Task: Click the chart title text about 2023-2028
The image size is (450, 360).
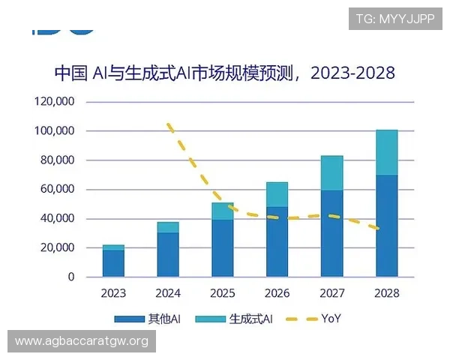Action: click(x=224, y=73)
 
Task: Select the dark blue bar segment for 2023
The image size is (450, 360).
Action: click(x=113, y=263)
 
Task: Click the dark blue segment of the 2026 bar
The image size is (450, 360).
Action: click(x=277, y=241)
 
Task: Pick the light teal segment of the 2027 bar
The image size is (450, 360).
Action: click(x=331, y=173)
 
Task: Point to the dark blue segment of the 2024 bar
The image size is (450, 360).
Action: click(x=168, y=254)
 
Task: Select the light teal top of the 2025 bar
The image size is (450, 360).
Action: click(x=223, y=211)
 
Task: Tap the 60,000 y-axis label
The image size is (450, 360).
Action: click(x=57, y=189)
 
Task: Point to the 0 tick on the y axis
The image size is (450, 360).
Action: click(x=71, y=277)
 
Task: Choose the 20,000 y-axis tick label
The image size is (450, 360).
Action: click(x=57, y=247)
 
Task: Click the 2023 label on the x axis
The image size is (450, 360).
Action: click(x=113, y=293)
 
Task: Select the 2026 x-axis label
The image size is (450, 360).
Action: click(x=277, y=293)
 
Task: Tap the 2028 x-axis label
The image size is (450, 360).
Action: click(x=386, y=293)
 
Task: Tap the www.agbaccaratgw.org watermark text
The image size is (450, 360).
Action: click(x=81, y=341)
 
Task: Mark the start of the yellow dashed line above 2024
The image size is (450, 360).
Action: click(x=169, y=124)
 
